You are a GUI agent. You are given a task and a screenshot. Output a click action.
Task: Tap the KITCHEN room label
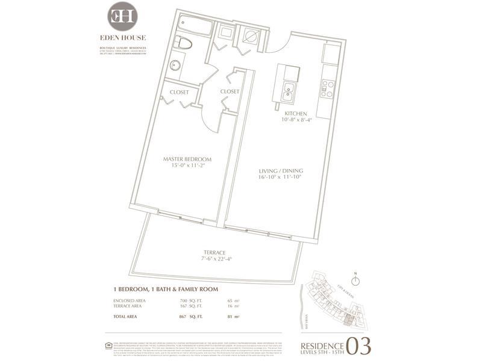click(x=296, y=114)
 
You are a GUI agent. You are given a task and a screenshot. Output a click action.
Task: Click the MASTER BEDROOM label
click(x=187, y=159)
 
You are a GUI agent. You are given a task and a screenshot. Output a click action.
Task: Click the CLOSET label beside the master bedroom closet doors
click(x=179, y=92)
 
